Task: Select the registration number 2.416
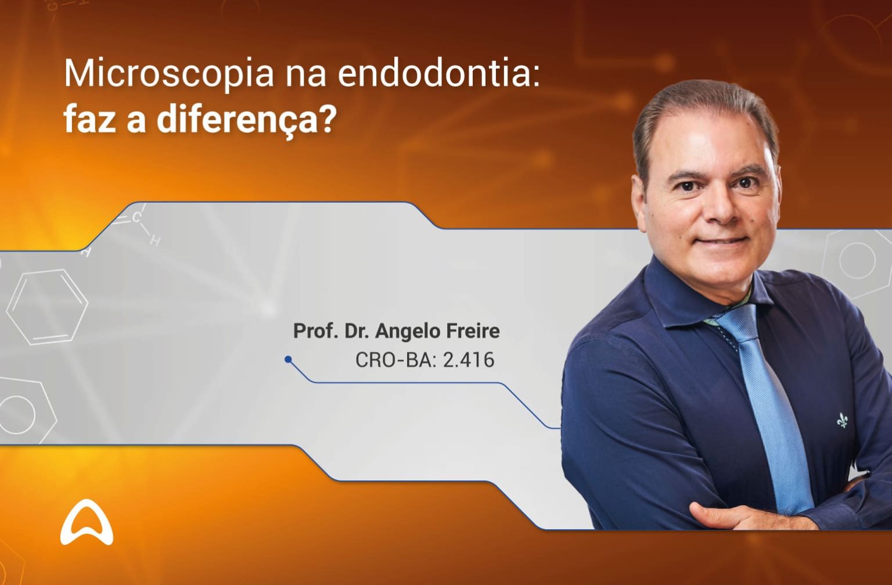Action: point(469,360)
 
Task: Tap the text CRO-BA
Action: point(395,360)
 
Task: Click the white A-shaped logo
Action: point(87,522)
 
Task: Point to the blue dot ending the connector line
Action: point(288,360)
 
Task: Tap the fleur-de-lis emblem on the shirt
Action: point(843,419)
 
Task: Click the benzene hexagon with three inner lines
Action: point(47,306)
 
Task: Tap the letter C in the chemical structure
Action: point(136,218)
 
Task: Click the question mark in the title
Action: point(328,119)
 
